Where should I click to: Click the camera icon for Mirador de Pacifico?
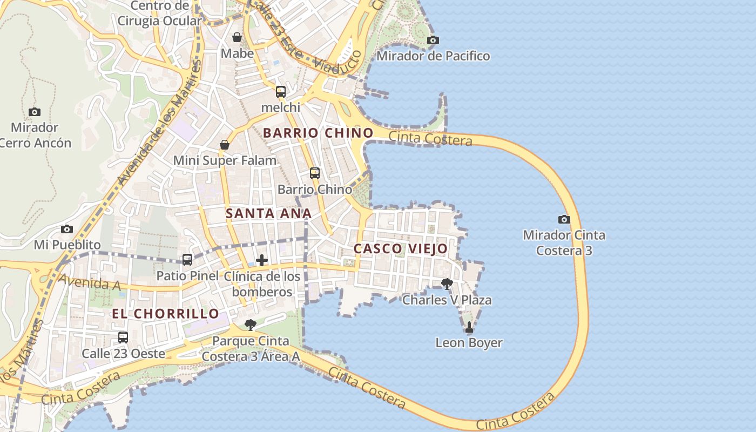433,40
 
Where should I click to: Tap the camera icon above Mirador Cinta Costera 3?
564,219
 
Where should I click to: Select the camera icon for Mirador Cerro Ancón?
35,112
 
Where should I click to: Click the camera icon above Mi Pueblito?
67,229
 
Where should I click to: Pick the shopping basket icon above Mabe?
237,37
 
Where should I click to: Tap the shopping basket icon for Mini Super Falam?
225,145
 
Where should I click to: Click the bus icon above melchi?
281,92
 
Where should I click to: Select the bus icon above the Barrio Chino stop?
315,173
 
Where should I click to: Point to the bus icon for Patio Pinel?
187,260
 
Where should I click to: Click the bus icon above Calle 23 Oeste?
123,337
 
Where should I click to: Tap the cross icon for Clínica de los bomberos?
262,260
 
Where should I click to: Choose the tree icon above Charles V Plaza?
447,283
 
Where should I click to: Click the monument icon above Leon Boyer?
469,327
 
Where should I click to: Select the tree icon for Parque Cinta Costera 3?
250,325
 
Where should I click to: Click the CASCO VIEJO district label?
400,249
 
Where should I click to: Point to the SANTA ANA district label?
268,213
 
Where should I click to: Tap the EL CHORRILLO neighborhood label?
165,314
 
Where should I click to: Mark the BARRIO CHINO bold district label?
318,133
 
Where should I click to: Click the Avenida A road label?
89,282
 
